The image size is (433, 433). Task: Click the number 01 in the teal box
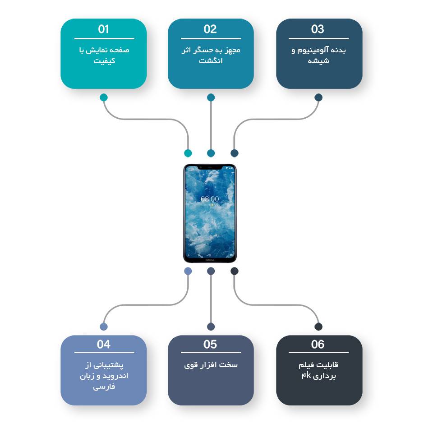(104, 29)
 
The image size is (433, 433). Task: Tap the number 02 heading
(210, 29)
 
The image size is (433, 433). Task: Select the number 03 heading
(318, 29)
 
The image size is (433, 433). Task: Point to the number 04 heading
(104, 344)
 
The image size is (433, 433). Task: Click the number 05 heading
(210, 344)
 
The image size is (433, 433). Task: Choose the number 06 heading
(318, 344)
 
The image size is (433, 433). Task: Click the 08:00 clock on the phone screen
(210, 199)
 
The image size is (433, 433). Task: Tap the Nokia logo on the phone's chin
(210, 260)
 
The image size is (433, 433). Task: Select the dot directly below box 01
(104, 97)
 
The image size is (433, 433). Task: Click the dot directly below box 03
(318, 97)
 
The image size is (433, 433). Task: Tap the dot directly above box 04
(104, 327)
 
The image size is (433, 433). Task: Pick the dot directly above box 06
(318, 327)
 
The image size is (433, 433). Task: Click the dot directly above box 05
(211, 327)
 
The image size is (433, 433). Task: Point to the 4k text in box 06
(306, 375)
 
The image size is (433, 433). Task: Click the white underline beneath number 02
(211, 38)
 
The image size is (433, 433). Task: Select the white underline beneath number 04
(104, 352)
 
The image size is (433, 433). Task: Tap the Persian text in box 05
(211, 365)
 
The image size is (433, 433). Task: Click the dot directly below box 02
(211, 97)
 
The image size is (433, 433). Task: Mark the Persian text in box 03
(318, 55)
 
